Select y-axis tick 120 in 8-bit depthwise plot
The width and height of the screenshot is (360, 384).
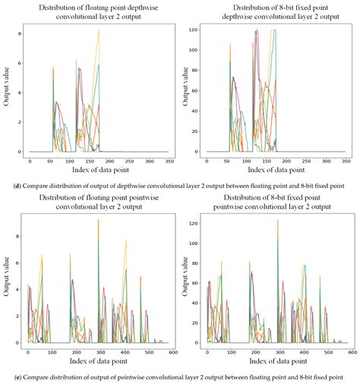(195, 30)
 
